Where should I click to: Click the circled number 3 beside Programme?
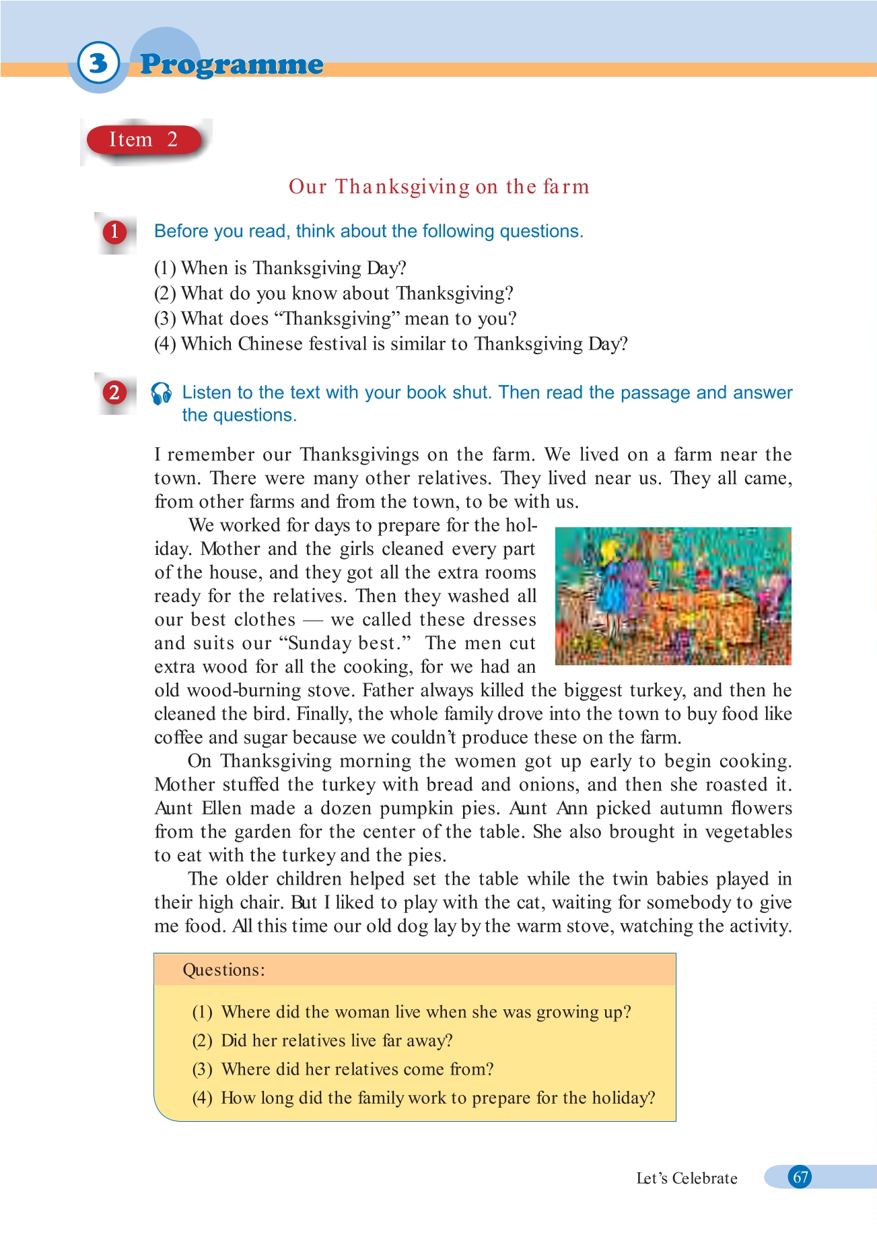point(98,63)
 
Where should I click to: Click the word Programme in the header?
point(232,65)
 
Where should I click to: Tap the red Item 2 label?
point(143,140)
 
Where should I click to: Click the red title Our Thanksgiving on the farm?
point(439,187)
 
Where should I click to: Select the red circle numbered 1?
point(114,232)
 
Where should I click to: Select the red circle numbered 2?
point(114,393)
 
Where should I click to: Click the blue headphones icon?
point(162,394)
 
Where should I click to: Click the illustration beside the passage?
point(673,597)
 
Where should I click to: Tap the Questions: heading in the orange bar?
point(224,970)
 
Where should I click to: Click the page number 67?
point(800,1177)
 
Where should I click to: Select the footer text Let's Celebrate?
point(687,1178)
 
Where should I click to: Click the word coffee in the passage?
point(178,737)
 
